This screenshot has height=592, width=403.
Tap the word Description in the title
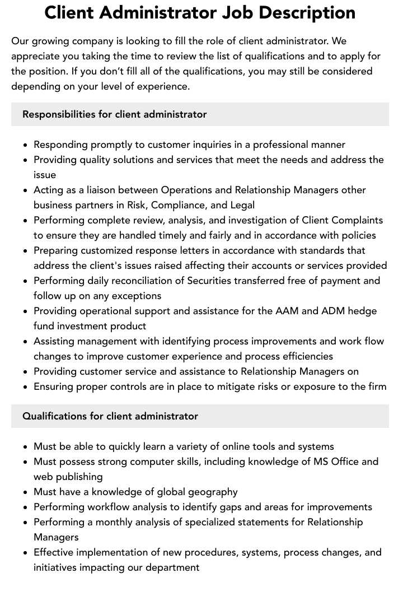click(x=310, y=12)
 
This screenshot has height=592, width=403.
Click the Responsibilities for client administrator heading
click(x=115, y=114)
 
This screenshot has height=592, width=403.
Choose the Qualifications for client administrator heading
click(x=110, y=416)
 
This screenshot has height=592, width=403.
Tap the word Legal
click(x=241, y=205)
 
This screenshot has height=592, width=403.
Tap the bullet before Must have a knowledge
click(x=26, y=492)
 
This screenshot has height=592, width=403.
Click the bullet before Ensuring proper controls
click(x=26, y=387)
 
